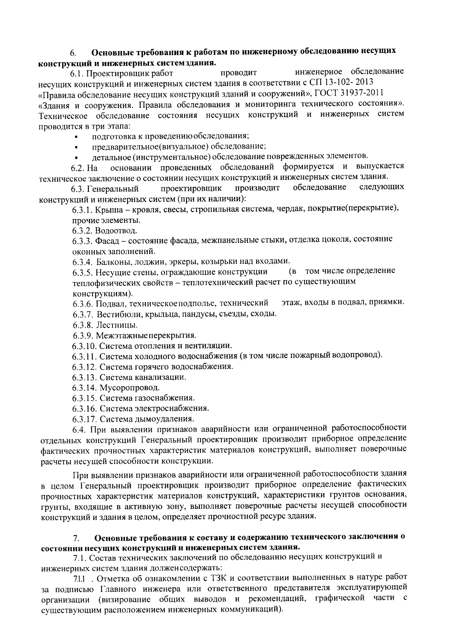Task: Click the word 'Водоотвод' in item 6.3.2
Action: coord(116,230)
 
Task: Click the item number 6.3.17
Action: coord(85,419)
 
